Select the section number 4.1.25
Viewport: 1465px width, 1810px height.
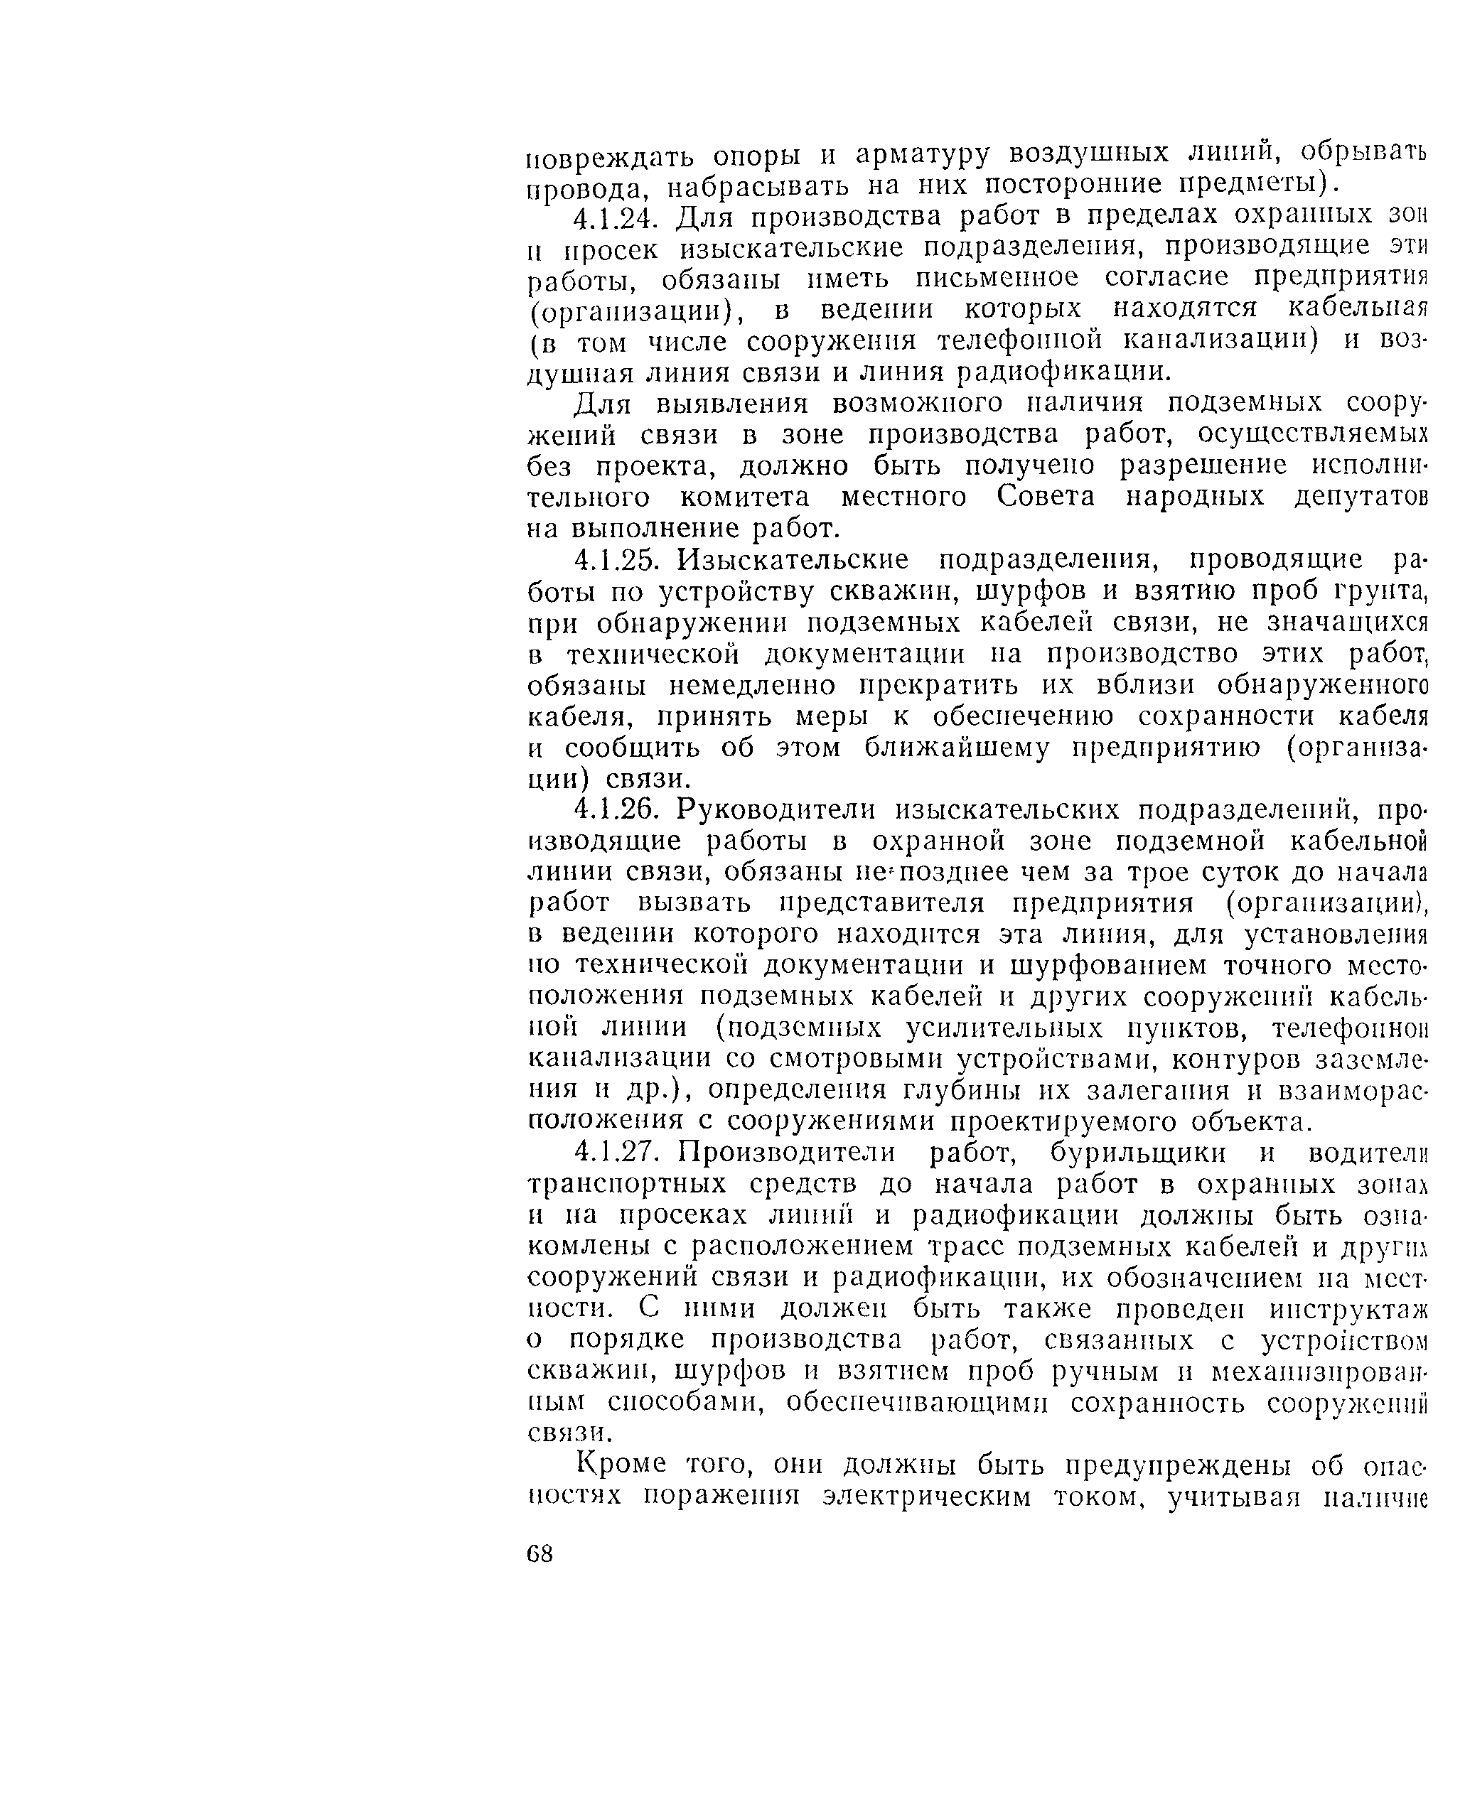point(614,560)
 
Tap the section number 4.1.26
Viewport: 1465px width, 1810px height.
point(614,810)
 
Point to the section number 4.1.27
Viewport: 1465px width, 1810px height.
point(614,1153)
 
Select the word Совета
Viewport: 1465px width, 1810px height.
point(1046,497)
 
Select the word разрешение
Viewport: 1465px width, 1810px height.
point(1203,465)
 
